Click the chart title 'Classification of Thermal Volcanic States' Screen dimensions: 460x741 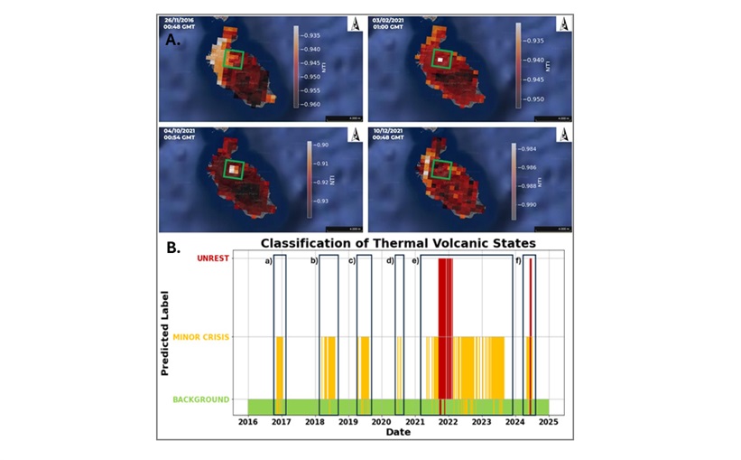coord(398,242)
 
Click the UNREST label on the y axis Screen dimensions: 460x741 coord(213,259)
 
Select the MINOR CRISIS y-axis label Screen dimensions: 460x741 coord(203,337)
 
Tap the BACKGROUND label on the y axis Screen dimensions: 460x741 coord(201,399)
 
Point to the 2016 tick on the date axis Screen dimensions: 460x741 coord(248,421)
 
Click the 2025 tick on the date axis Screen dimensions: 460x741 coord(549,421)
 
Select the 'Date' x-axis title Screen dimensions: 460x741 coord(398,432)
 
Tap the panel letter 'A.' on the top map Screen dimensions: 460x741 coord(172,39)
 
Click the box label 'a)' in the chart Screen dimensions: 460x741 coord(268,261)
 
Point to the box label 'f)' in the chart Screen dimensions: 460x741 coord(519,261)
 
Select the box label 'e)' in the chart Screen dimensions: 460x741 coord(415,261)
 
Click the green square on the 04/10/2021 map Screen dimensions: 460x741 coord(233,168)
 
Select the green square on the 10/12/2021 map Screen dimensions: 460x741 coord(441,169)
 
